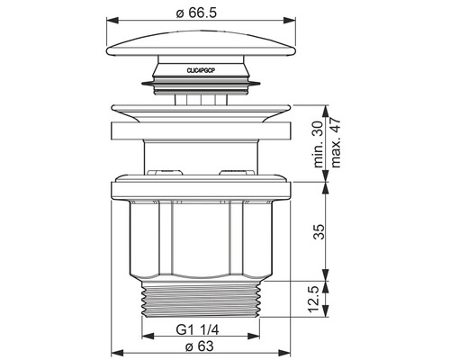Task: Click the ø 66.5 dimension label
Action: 196,13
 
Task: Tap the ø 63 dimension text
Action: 200,346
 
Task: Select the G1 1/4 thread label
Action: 197,330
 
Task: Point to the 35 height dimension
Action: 319,231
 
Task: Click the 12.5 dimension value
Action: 319,299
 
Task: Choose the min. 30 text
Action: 318,144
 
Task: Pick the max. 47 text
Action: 335,143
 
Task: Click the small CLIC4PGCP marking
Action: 201,71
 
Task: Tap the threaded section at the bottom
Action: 201,300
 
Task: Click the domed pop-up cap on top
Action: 201,43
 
